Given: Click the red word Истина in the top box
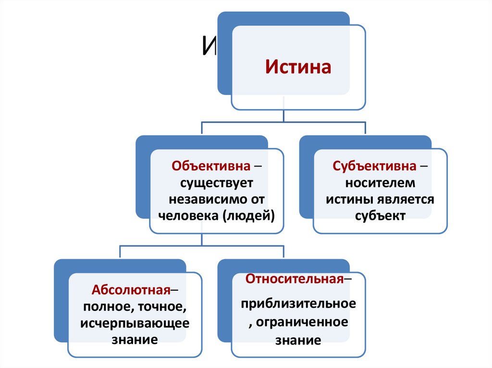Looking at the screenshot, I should click(298, 67).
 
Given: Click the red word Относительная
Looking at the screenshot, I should click(295, 279).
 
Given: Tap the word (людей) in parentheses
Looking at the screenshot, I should click(248, 215).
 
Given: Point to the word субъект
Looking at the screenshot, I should click(381, 215).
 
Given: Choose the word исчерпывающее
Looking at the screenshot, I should click(135, 323).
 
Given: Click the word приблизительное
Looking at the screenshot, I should click(298, 304).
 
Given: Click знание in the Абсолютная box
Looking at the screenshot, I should click(135, 340).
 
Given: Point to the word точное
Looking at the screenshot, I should click(159, 307).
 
